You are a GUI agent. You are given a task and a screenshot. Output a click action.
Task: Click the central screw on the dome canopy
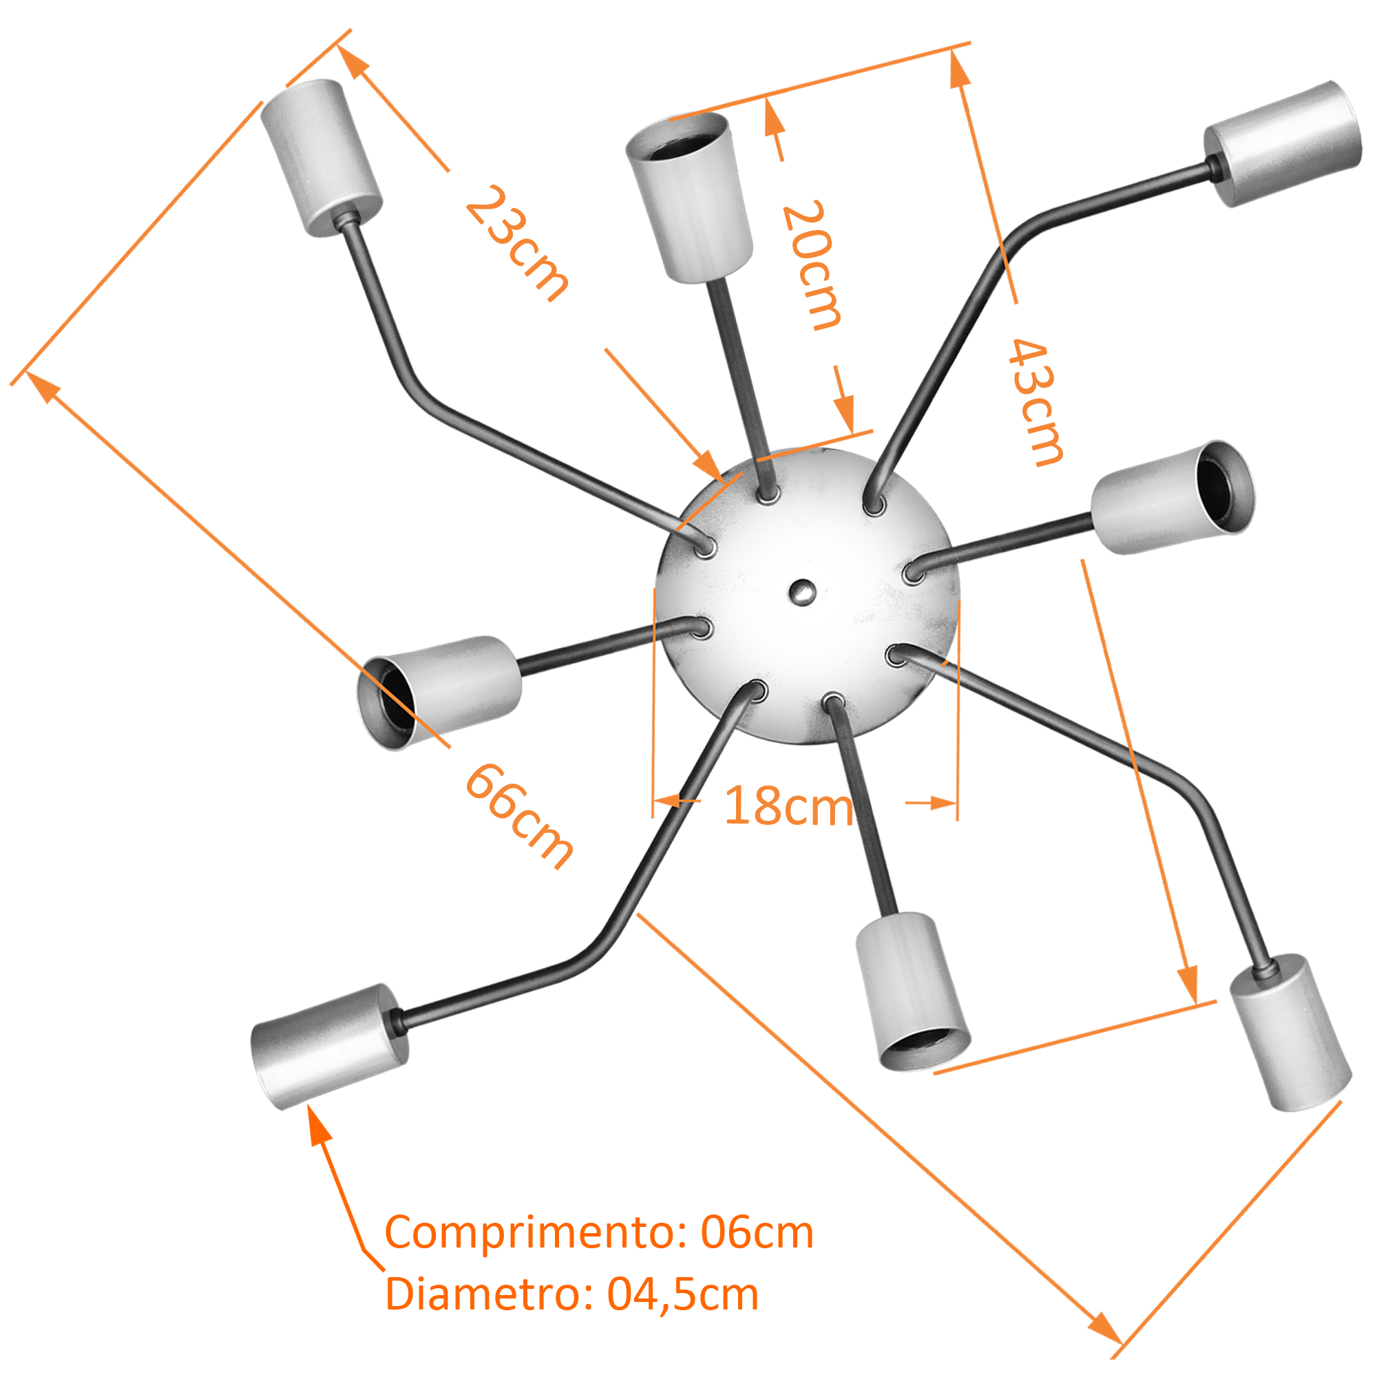(x=803, y=590)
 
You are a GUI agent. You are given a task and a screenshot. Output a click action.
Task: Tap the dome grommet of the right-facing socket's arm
(x=912, y=571)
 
